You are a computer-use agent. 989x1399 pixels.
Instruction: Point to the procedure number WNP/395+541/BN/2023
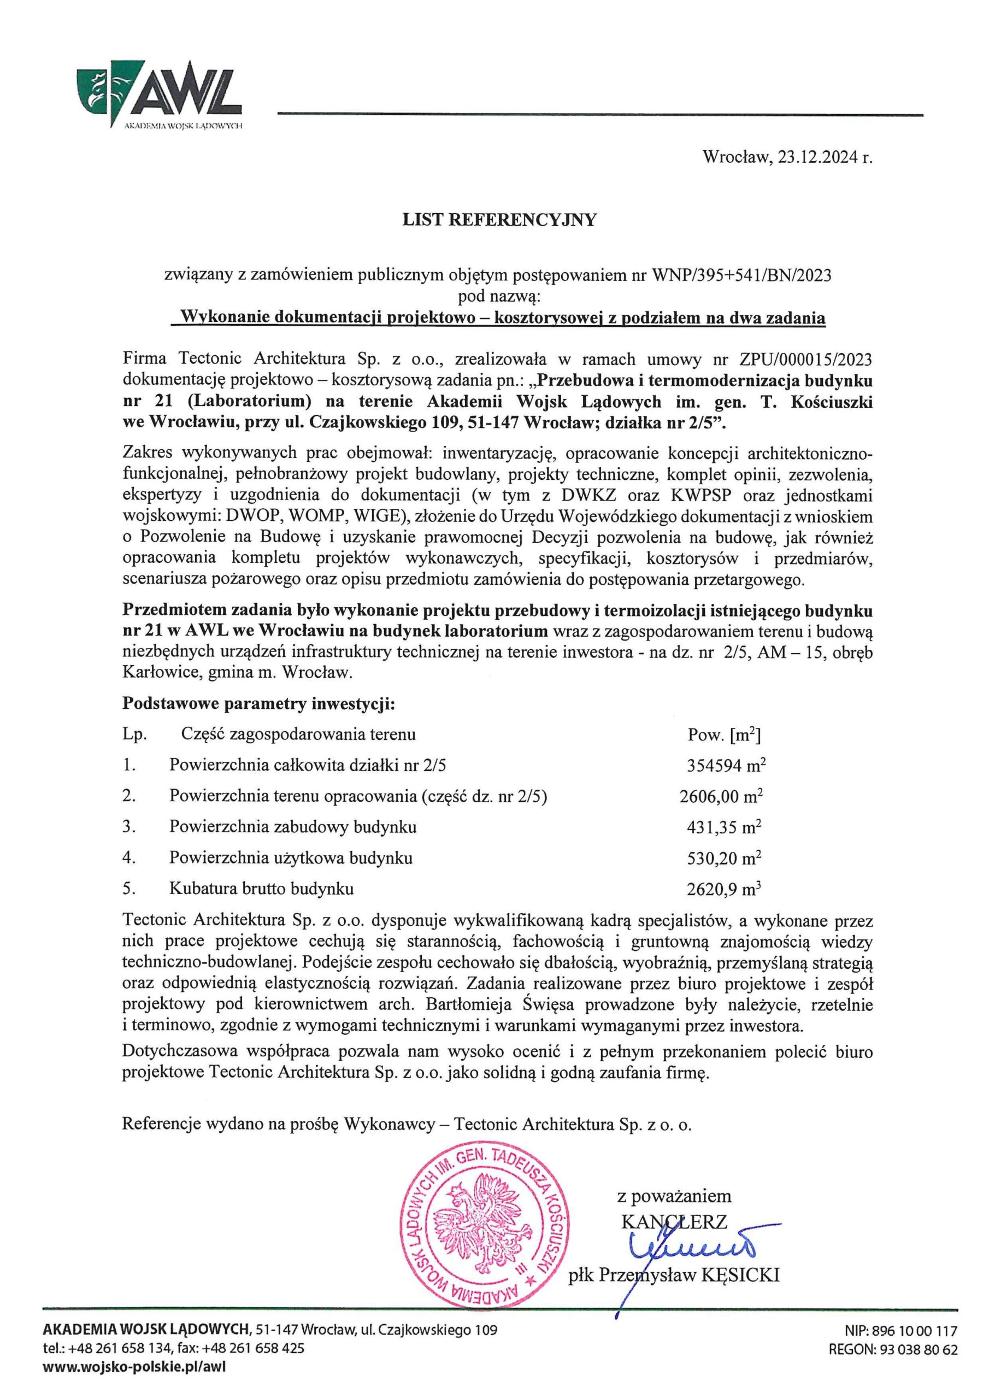point(741,276)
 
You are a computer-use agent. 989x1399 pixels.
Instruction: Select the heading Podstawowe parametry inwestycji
point(259,704)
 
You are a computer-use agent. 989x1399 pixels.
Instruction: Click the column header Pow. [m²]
point(724,735)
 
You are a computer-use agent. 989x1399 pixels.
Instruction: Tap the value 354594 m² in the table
point(726,765)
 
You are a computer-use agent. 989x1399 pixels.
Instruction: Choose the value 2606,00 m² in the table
point(721,796)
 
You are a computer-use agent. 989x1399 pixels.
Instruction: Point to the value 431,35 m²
point(725,827)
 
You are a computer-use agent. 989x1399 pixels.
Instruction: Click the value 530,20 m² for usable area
point(725,858)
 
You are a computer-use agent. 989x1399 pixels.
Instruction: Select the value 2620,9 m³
point(724,889)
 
